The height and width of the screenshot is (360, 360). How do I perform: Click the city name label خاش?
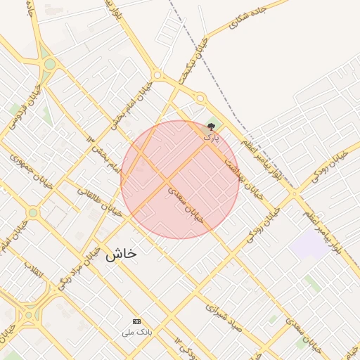121,255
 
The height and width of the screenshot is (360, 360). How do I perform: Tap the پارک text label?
212,138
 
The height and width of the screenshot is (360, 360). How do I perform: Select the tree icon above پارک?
212,127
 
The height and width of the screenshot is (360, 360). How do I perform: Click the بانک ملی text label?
136,331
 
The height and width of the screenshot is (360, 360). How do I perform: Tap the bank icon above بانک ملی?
136,321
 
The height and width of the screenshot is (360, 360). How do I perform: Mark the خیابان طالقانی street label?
103,200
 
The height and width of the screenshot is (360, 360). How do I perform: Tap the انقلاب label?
34,269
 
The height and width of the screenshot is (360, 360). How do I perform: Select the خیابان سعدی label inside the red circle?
186,204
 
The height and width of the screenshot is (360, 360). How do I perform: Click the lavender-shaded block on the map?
309,244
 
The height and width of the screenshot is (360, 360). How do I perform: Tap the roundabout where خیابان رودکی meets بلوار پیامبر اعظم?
295,192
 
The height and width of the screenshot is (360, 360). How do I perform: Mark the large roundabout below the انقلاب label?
28,314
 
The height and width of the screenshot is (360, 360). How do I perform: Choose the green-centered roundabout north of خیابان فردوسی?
49,65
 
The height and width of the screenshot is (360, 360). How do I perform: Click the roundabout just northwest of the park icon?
200,98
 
